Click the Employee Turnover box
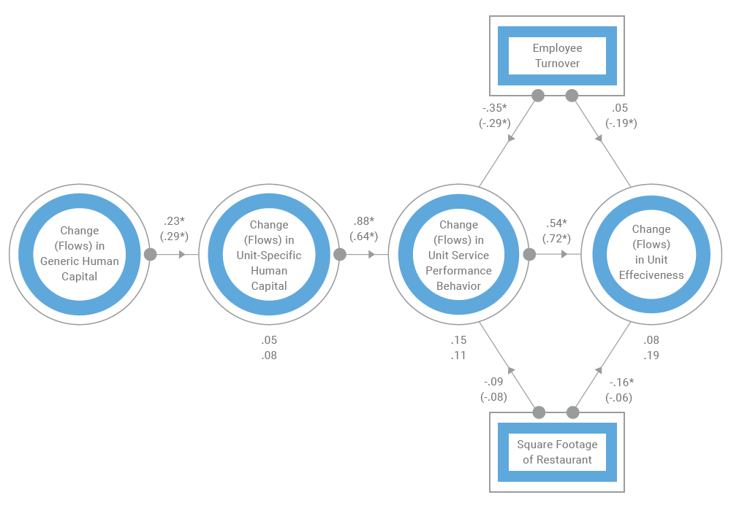pyautogui.click(x=557, y=55)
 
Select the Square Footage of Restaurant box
pyautogui.click(x=557, y=452)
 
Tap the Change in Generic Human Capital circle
pyautogui.click(x=79, y=254)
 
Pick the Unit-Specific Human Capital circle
pyautogui.click(x=269, y=254)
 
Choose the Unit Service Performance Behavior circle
pyautogui.click(x=458, y=254)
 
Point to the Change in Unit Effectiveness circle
pyautogui.click(x=651, y=254)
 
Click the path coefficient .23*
pyautogui.click(x=174, y=220)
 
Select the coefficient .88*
pyautogui.click(x=363, y=220)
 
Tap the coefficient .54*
pyautogui.click(x=556, y=223)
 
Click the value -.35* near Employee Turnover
pyautogui.click(x=495, y=108)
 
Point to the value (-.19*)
pyautogui.click(x=621, y=123)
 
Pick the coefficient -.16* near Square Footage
pyautogui.click(x=621, y=382)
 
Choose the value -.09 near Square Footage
pyautogui.click(x=493, y=381)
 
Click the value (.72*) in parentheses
pyautogui.click(x=556, y=239)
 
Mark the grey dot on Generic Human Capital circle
pyautogui.click(x=151, y=254)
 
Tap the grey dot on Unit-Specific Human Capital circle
pyautogui.click(x=340, y=254)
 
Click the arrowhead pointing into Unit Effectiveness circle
pyautogui.click(x=564, y=254)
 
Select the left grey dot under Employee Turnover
pyautogui.click(x=538, y=95)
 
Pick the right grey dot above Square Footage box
pyautogui.click(x=572, y=412)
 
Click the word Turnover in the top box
pyautogui.click(x=557, y=64)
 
